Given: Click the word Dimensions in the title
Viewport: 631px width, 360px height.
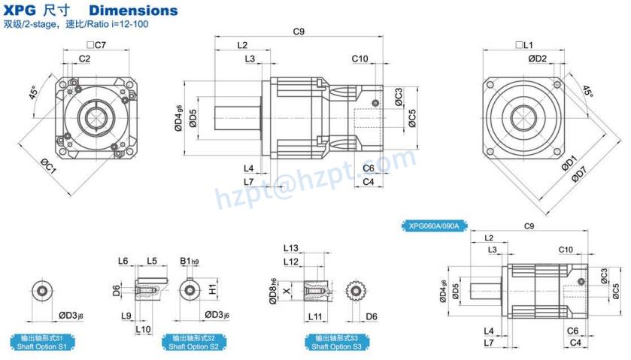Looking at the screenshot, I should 133,11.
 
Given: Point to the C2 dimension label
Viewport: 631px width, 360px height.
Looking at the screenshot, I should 84,59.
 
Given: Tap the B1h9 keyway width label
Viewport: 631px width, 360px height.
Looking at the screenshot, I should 190,261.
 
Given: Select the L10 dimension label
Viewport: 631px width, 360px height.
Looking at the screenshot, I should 142,329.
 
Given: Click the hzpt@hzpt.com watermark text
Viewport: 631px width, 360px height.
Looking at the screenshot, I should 316,179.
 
